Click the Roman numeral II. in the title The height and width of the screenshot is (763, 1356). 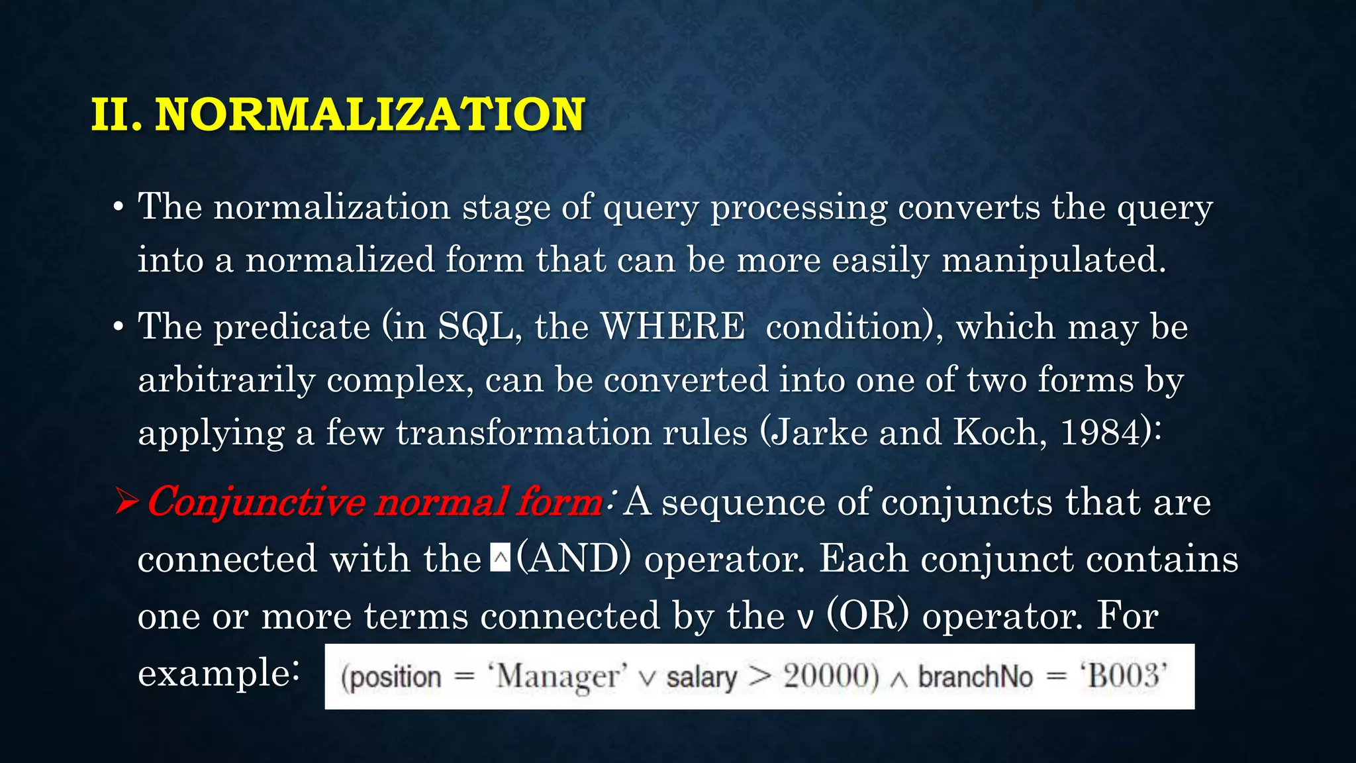pos(117,115)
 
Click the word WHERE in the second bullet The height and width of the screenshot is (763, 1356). pos(673,327)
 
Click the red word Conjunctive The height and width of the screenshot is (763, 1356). pos(255,502)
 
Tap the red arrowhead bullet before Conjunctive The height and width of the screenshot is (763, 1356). pos(126,501)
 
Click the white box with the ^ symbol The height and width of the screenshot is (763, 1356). pos(501,558)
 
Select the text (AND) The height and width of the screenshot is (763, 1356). pos(573,558)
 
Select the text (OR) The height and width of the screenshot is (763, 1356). pos(868,615)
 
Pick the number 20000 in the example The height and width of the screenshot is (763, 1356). pos(831,677)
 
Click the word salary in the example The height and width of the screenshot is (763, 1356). pos(701,677)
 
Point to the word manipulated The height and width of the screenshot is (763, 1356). pos(1053,260)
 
